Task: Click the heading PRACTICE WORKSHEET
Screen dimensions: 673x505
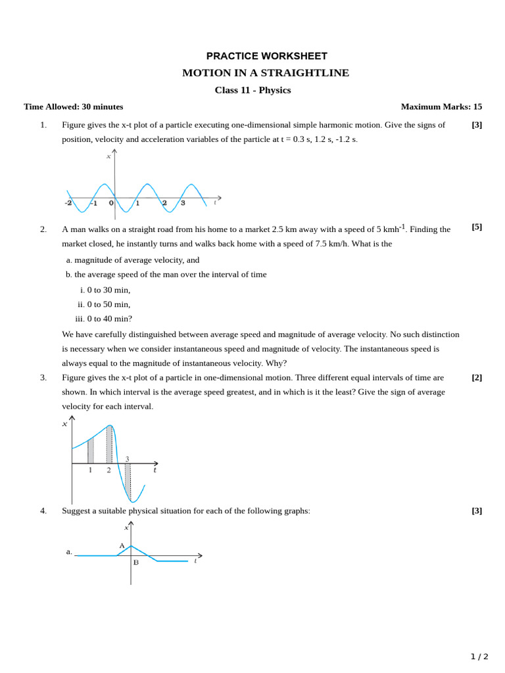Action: pyautogui.click(x=266, y=56)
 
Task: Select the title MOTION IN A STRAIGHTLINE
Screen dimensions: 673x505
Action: pyautogui.click(x=266, y=73)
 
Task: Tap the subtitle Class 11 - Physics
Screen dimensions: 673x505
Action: pyautogui.click(x=252, y=90)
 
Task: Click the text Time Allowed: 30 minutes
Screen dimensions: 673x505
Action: pyautogui.click(x=73, y=106)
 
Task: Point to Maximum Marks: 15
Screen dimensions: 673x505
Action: pyautogui.click(x=441, y=106)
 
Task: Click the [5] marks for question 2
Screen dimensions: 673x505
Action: pyautogui.click(x=477, y=227)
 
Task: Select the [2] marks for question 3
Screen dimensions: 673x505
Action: pyautogui.click(x=477, y=377)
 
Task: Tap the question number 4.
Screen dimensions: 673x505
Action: pyautogui.click(x=43, y=511)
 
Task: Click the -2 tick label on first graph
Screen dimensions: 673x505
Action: pyautogui.click(x=68, y=203)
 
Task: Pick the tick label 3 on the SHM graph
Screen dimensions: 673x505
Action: pyautogui.click(x=183, y=203)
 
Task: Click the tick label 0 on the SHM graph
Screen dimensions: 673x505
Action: pyautogui.click(x=111, y=203)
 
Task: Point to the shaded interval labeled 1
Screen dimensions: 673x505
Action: pyautogui.click(x=91, y=450)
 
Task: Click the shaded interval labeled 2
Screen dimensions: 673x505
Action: pyautogui.click(x=109, y=444)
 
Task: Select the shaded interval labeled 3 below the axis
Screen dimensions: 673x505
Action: pyautogui.click(x=128, y=481)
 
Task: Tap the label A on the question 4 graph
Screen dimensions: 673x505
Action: pyautogui.click(x=122, y=545)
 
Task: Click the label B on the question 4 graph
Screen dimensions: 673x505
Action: pyautogui.click(x=135, y=563)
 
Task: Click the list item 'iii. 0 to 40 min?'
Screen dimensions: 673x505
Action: pyautogui.click(x=103, y=319)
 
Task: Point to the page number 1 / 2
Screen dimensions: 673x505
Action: pyautogui.click(x=479, y=657)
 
